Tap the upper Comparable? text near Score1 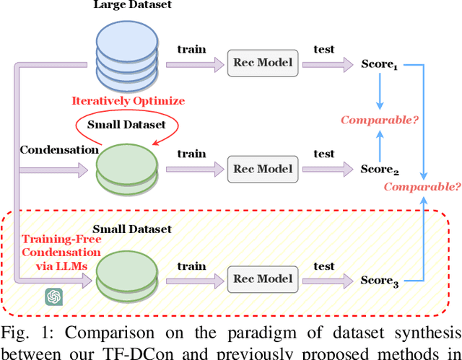[x=380, y=120]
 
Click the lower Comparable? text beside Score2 [x=422, y=187]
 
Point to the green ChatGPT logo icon [x=53, y=296]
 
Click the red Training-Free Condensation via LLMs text [x=61, y=252]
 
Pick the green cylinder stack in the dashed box [x=126, y=275]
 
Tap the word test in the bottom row [x=324, y=265]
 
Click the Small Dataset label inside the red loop [x=126, y=124]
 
